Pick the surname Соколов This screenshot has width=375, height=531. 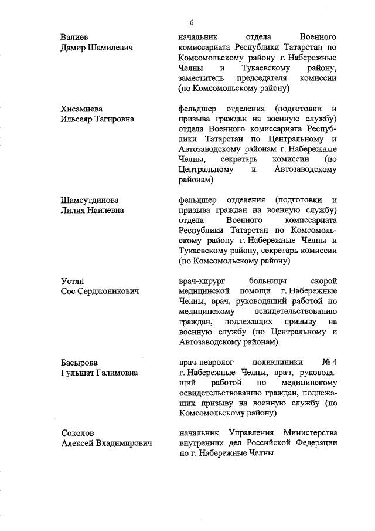(x=78, y=433)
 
